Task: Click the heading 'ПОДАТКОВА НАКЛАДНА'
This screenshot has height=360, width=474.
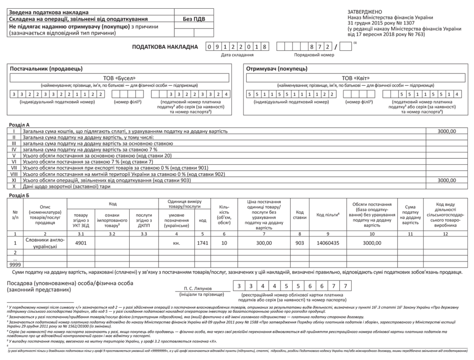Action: tap(164, 47)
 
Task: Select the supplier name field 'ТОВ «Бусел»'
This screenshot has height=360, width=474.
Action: tap(119, 78)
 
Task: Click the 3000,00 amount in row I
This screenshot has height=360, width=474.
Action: tap(447, 131)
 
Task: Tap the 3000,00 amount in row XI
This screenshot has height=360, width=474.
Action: tap(447, 180)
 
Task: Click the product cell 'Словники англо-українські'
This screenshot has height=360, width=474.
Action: tap(44, 244)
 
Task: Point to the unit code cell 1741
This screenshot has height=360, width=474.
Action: tap(202, 242)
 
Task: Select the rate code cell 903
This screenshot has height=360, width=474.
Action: tap(299, 242)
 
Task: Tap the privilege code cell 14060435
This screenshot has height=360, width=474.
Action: tap(328, 242)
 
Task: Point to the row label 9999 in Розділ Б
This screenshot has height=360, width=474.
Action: tap(15, 264)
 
